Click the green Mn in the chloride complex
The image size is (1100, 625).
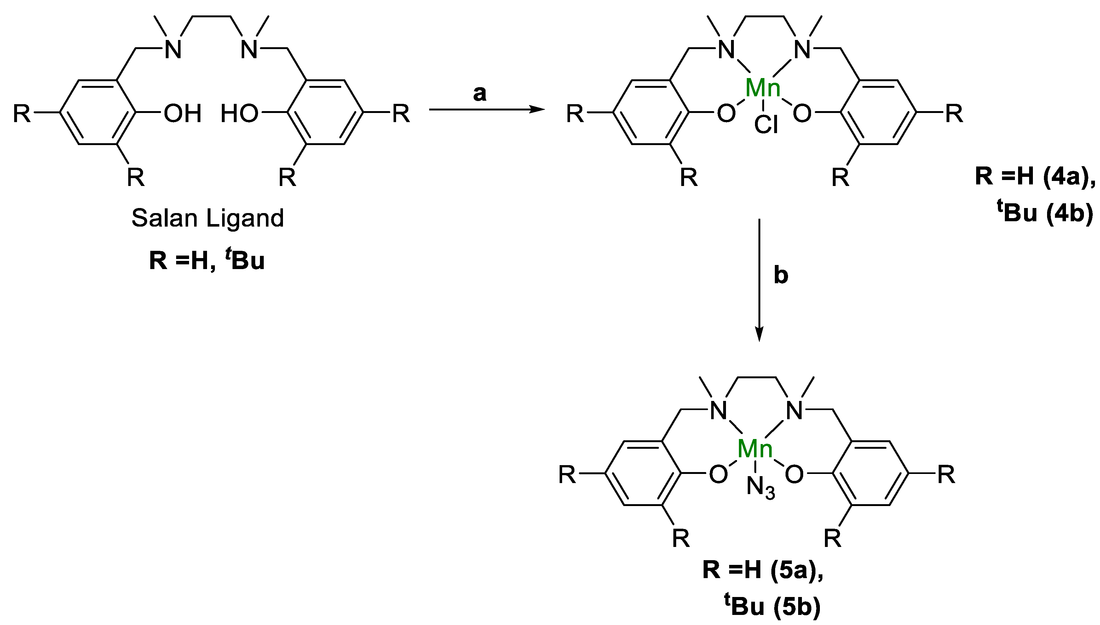[x=763, y=88]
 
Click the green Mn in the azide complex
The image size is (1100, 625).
[x=755, y=449]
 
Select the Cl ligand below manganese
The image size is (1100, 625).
[x=766, y=126]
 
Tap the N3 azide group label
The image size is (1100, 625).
[x=761, y=488]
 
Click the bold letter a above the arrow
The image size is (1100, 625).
[x=480, y=93]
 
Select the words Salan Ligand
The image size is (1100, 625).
[x=208, y=218]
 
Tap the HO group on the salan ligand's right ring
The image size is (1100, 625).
[x=239, y=114]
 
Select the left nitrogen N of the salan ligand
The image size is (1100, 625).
[x=173, y=49]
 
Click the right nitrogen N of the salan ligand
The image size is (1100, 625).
[x=249, y=49]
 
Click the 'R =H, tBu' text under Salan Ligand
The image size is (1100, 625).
[x=207, y=261]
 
